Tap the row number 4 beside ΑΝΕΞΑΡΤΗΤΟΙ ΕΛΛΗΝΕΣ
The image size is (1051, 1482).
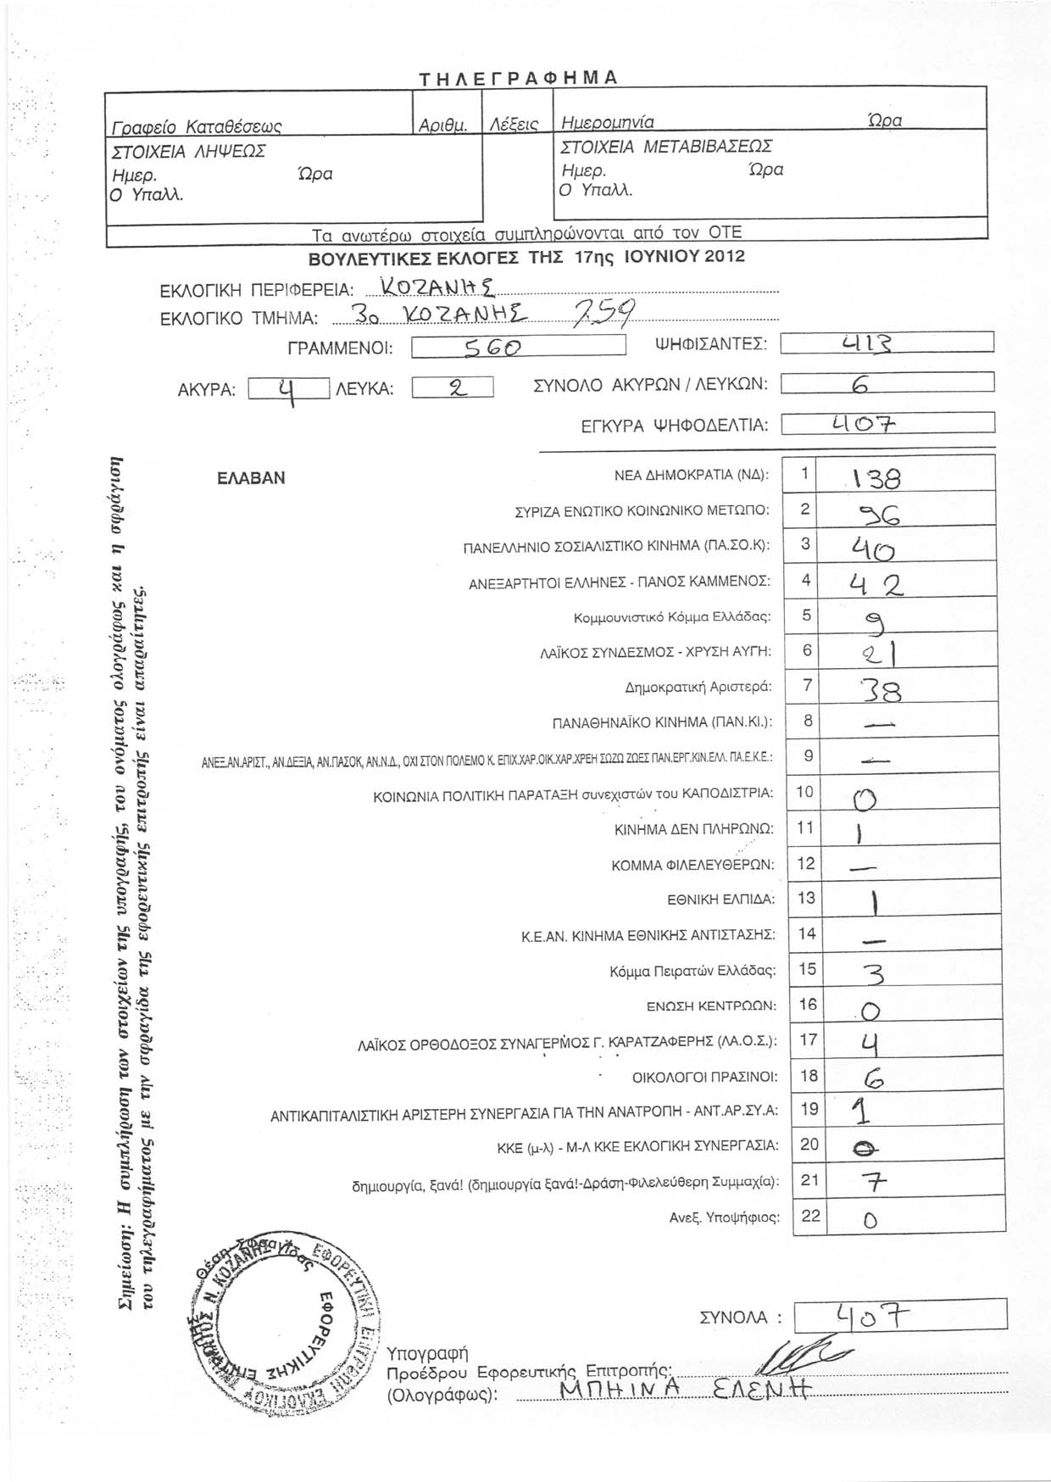[x=806, y=581]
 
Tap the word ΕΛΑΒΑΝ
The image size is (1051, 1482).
[x=251, y=477]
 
